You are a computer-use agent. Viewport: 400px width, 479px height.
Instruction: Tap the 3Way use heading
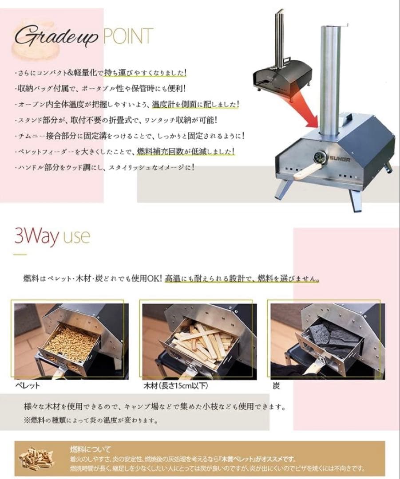click(x=52, y=237)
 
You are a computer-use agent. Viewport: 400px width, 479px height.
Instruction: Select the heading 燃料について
click(x=91, y=449)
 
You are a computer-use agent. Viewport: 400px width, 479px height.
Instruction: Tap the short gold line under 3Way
click(x=20, y=255)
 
